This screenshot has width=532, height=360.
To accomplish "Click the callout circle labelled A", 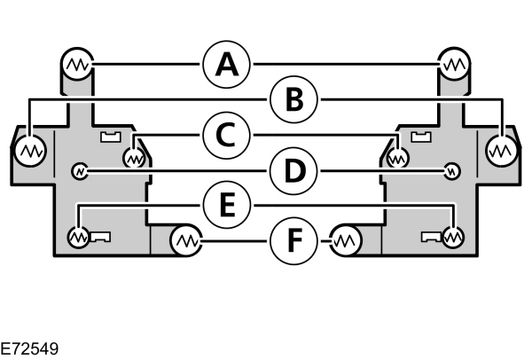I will click(x=227, y=64).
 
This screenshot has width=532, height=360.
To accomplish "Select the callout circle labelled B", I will click(x=293, y=100).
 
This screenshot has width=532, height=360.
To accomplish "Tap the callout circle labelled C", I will click(x=227, y=135).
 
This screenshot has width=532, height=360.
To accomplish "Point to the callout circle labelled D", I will click(x=293, y=169).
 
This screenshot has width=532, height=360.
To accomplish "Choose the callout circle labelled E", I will click(x=227, y=205).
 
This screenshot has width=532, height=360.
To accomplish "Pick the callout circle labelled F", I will click(x=293, y=239).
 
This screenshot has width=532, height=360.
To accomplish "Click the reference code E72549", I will click(x=30, y=348).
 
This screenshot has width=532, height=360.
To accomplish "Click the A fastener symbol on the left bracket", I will click(x=76, y=64).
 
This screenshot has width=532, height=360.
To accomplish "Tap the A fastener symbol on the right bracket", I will click(x=455, y=64).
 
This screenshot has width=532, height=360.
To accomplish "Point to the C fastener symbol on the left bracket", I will click(x=134, y=158).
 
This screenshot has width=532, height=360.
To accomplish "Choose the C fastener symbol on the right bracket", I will click(x=397, y=158).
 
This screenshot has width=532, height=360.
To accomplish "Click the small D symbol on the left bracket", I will click(x=80, y=169).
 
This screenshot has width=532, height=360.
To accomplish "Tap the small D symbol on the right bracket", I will click(x=452, y=169).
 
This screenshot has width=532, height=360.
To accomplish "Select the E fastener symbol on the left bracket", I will click(x=78, y=237).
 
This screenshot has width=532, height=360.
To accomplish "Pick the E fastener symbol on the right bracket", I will click(x=454, y=237).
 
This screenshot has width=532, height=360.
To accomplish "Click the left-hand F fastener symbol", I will click(x=185, y=239).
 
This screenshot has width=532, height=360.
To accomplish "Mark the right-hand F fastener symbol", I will click(x=345, y=239).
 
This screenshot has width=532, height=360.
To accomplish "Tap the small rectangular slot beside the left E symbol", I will click(x=99, y=237).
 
